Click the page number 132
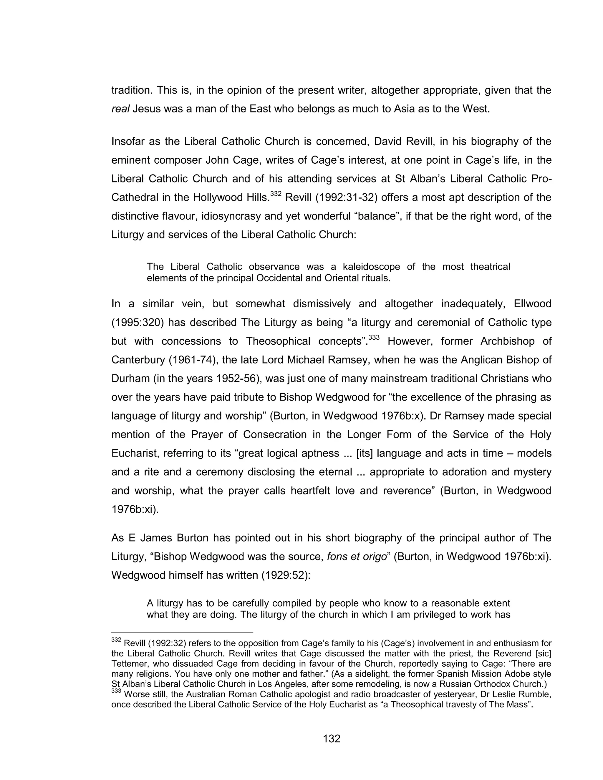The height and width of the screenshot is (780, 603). click(x=332, y=738)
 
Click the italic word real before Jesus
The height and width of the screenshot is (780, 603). click(x=120, y=109)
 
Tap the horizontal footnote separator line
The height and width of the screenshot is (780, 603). click(x=182, y=632)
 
